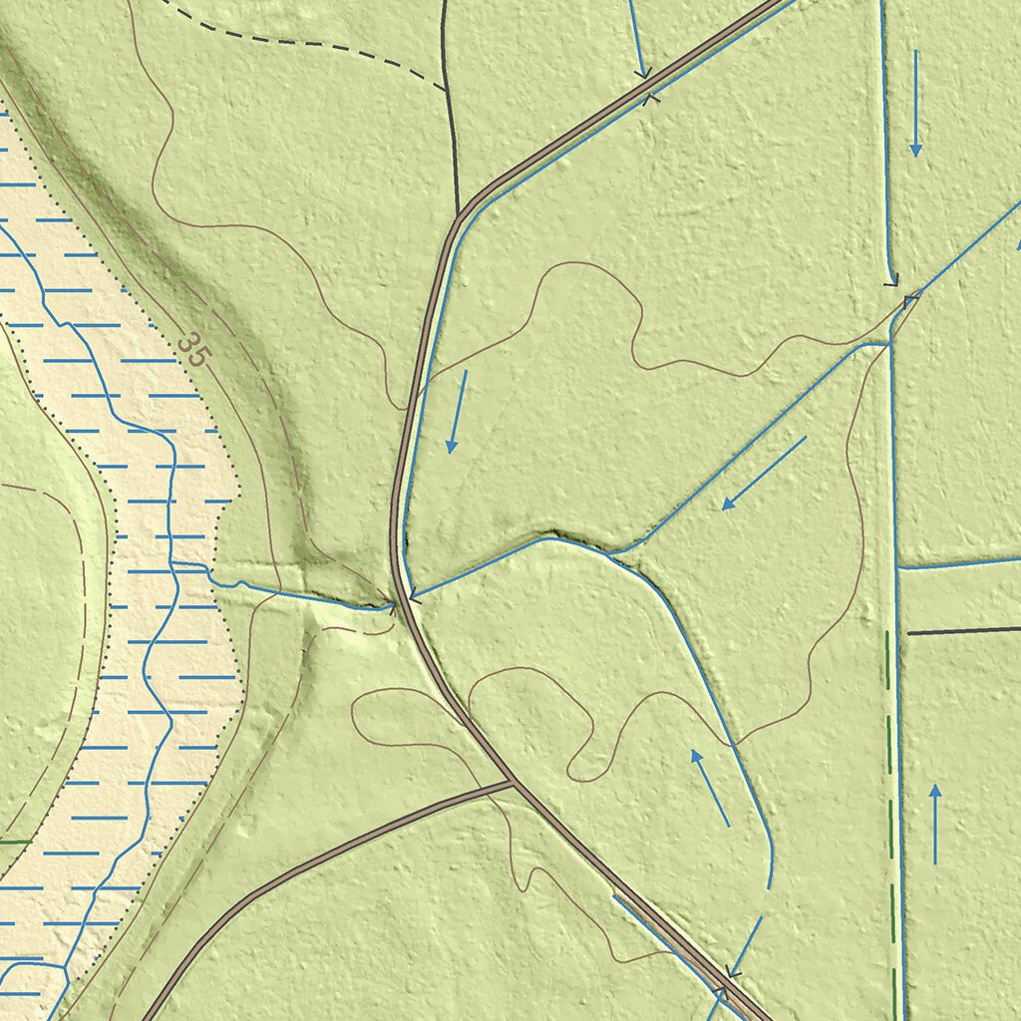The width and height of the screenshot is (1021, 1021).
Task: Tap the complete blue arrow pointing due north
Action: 935,824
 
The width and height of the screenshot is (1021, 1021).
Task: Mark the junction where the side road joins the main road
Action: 513,783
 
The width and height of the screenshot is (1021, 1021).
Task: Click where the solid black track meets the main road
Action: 458,214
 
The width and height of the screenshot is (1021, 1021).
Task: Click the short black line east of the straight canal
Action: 962,631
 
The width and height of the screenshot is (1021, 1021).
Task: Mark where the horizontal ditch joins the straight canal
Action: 897,568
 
